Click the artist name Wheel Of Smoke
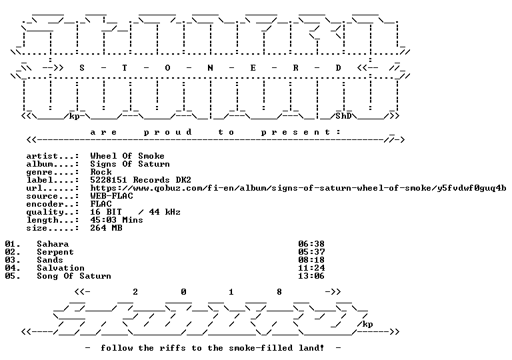pyautogui.click(x=127, y=156)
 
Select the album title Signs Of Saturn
pyautogui.click(x=130, y=164)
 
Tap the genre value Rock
pyautogui.click(x=101, y=172)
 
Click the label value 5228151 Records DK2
pyautogui.click(x=141, y=180)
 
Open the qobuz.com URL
pyautogui.click(x=298, y=188)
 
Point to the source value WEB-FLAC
pyautogui.click(x=112, y=196)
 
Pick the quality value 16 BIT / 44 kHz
pyautogui.click(x=135, y=212)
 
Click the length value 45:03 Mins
pyautogui.click(x=117, y=220)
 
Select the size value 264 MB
pyautogui.click(x=106, y=228)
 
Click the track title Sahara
pyautogui.click(x=53, y=244)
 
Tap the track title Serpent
pyautogui.click(x=55, y=252)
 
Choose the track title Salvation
pyautogui.click(x=61, y=268)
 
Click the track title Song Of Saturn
pyautogui.click(x=74, y=276)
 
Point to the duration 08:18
pyautogui.click(x=311, y=260)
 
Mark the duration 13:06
pyautogui.click(x=311, y=276)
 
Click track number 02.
pyautogui.click(x=13, y=252)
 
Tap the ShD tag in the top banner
pyautogui.click(x=343, y=116)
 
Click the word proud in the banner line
pyautogui.click(x=167, y=132)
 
